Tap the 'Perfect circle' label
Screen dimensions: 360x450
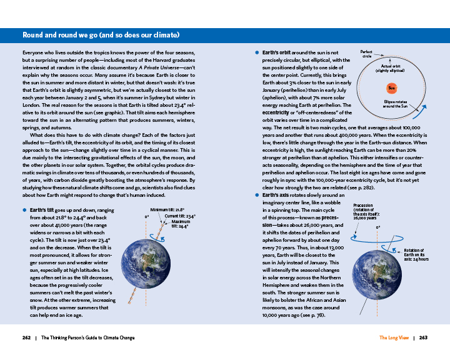pyautogui.click(x=368, y=54)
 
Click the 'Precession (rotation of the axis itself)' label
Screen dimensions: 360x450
pyautogui.click(x=366, y=211)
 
